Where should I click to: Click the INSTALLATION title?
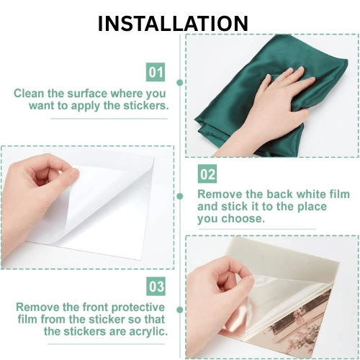click(x=173, y=23)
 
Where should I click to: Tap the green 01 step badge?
click(x=156, y=72)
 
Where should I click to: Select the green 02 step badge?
click(x=207, y=174)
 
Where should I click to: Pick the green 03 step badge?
click(x=156, y=287)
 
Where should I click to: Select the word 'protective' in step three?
click(x=138, y=307)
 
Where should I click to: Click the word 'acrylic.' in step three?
click(x=148, y=332)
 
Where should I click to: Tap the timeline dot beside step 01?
click(x=180, y=83)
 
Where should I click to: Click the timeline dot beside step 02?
click(x=180, y=197)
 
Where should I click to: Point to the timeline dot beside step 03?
click(x=180, y=310)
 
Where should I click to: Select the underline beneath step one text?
click(x=109, y=119)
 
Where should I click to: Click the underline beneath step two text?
click(x=257, y=229)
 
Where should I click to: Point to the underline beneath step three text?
click(x=106, y=344)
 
